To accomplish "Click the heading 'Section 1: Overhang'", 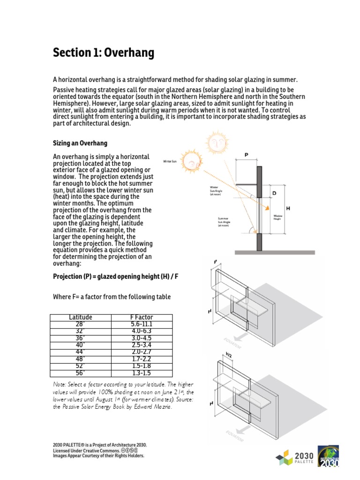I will pyautogui.click(x=104, y=53).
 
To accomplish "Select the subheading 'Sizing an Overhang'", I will pyautogui.click(x=80, y=143).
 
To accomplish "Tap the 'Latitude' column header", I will pyautogui.click(x=81, y=317).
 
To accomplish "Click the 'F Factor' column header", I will pyautogui.click(x=142, y=317).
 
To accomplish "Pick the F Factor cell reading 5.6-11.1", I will pyautogui.click(x=142, y=324).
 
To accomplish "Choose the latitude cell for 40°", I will pyautogui.click(x=81, y=345).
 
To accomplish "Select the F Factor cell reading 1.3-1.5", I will pyautogui.click(x=142, y=373).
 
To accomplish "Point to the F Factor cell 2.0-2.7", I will pyautogui.click(x=142, y=352).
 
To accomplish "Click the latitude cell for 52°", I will pyautogui.click(x=81, y=366).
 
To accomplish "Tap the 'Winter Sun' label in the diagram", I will pyautogui.click(x=170, y=161).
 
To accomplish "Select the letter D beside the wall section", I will pyautogui.click(x=274, y=192).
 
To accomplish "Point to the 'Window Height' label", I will pyautogui.click(x=277, y=217).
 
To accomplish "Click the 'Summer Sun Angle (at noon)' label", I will pyautogui.click(x=226, y=221).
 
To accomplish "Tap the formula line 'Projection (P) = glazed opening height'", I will pyautogui.click(x=116, y=277).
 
